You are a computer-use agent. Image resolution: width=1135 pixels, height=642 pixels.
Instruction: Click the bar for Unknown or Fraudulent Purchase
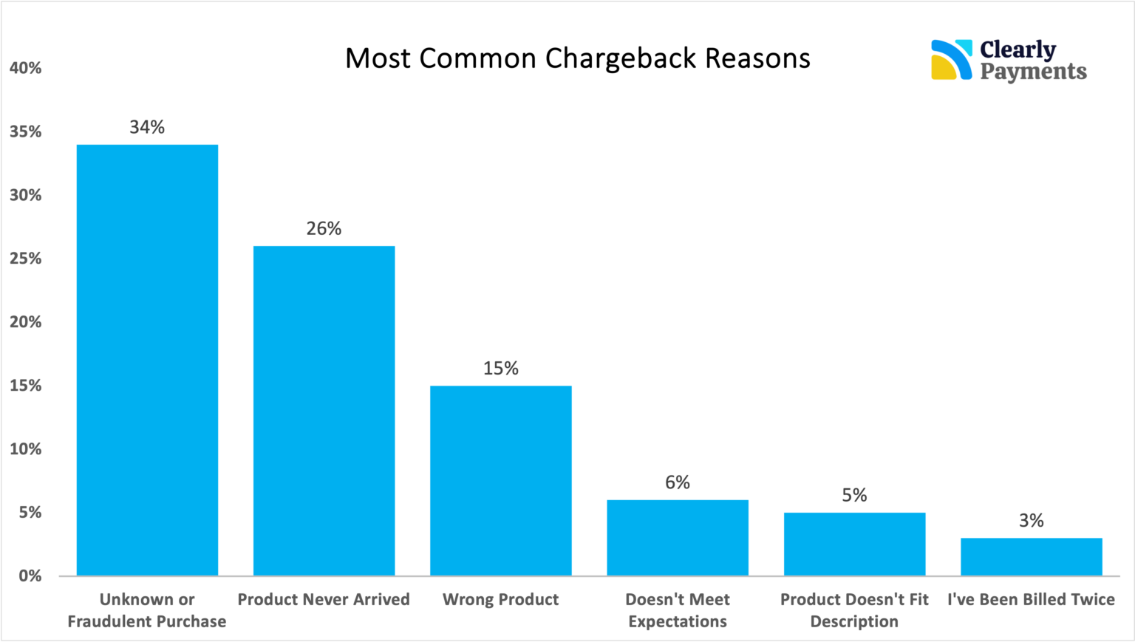pyautogui.click(x=147, y=360)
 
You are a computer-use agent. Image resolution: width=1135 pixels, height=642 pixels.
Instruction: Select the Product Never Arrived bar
pyautogui.click(x=324, y=411)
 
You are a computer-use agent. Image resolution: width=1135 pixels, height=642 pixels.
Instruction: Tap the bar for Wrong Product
pyautogui.click(x=500, y=480)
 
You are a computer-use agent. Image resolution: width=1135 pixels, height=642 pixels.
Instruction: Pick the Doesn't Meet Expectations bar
pyautogui.click(x=678, y=538)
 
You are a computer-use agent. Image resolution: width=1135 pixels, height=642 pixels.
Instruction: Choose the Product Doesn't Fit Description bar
pyautogui.click(x=854, y=544)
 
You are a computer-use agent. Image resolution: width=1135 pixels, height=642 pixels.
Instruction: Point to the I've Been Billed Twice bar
pyautogui.click(x=1031, y=557)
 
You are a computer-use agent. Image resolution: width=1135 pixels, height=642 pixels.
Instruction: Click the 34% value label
pyautogui.click(x=147, y=127)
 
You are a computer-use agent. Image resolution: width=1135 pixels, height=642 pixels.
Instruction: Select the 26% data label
pyautogui.click(x=324, y=228)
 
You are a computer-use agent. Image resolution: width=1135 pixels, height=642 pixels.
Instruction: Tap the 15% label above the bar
pyautogui.click(x=500, y=368)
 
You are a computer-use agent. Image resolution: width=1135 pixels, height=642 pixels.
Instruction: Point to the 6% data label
pyautogui.click(x=678, y=482)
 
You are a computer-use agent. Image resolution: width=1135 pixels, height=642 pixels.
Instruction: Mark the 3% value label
pyautogui.click(x=1031, y=521)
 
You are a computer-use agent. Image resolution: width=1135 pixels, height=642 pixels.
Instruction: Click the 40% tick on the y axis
pyautogui.click(x=26, y=68)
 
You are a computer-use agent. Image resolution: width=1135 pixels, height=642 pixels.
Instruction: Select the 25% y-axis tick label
pyautogui.click(x=26, y=259)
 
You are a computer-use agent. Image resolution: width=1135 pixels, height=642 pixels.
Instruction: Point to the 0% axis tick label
pyautogui.click(x=30, y=576)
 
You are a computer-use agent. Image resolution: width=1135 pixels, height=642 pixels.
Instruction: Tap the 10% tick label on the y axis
pyautogui.click(x=26, y=449)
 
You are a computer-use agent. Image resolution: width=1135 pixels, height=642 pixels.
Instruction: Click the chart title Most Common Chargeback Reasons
pyautogui.click(x=577, y=58)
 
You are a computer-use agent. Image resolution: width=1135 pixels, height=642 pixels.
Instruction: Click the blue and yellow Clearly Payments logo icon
pyautogui.click(x=951, y=60)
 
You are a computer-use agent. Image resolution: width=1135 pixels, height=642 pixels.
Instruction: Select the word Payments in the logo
pyautogui.click(x=1033, y=72)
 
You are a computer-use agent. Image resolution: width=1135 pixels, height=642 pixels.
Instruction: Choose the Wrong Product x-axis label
pyautogui.click(x=500, y=599)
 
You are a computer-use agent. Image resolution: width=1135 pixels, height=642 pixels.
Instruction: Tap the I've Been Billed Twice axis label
pyautogui.click(x=1031, y=599)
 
